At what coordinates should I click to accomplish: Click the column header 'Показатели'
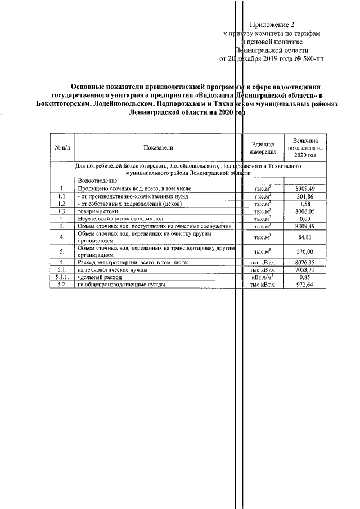pos(158,147)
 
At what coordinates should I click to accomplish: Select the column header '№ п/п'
pos(62,147)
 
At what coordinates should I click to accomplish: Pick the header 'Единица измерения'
pos(263,147)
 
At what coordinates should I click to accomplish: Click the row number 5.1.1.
pos(62,277)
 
